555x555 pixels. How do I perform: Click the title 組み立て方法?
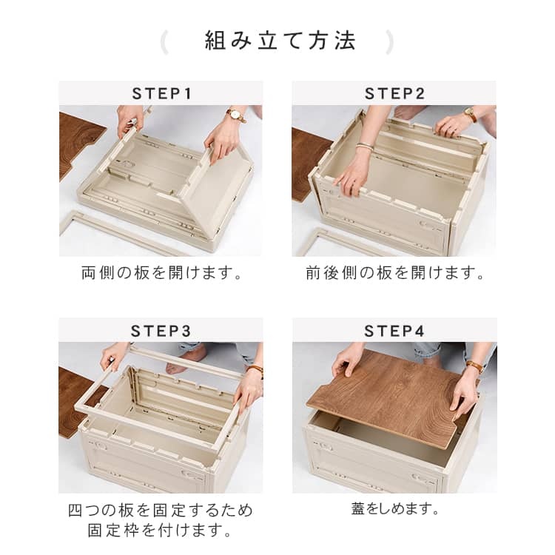point(280,41)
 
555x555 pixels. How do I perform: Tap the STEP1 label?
point(162,94)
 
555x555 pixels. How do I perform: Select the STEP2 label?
point(394,94)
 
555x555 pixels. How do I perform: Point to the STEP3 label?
point(161,332)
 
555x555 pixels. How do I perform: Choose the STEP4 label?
point(394,332)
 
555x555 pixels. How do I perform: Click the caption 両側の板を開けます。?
point(162,273)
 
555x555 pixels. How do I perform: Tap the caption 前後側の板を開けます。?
point(394,273)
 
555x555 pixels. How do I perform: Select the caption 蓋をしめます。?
point(394,509)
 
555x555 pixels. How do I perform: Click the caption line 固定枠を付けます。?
point(160,531)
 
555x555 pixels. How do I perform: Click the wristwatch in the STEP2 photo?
point(471,114)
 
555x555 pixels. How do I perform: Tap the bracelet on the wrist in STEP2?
point(366,147)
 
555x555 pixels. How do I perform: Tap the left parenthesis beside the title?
point(164,42)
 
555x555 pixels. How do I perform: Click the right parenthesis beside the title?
point(389,42)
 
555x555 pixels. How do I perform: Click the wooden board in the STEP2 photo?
point(306,164)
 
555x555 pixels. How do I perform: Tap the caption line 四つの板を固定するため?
point(161,511)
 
